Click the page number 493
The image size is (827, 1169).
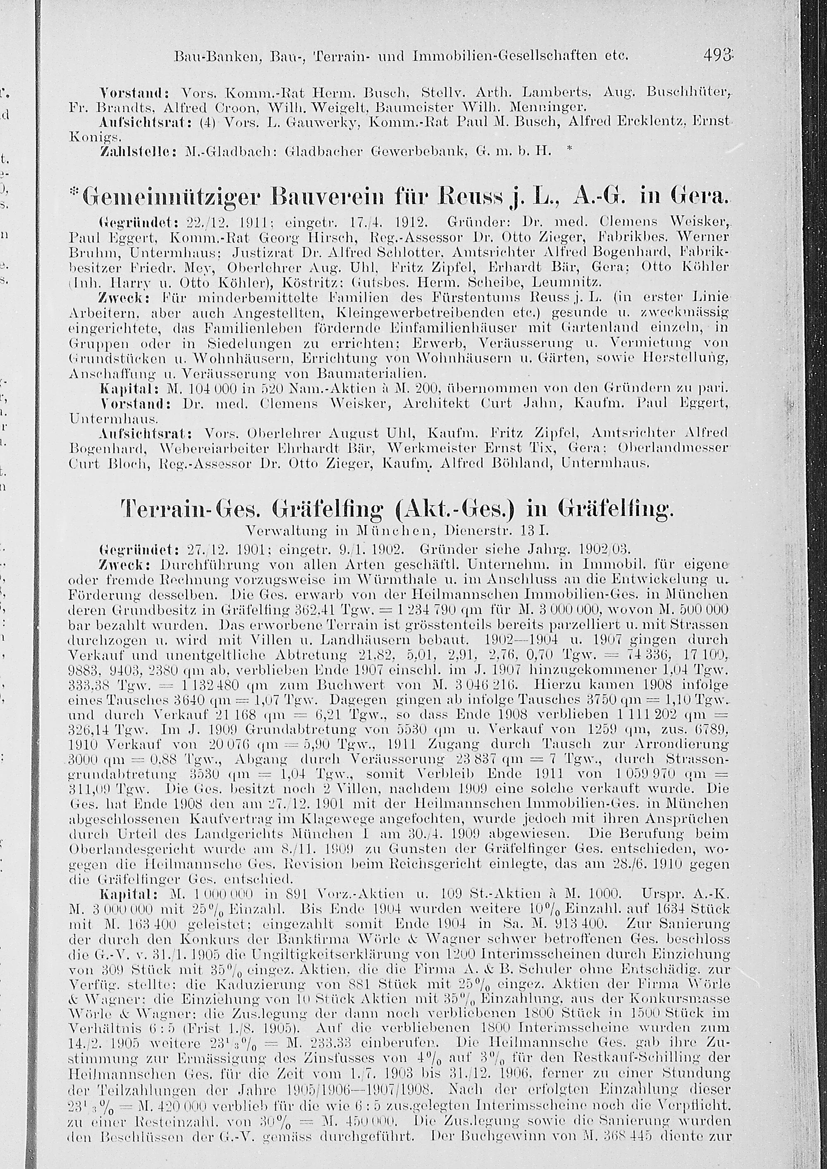(x=717, y=54)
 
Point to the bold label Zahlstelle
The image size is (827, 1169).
(x=131, y=151)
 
